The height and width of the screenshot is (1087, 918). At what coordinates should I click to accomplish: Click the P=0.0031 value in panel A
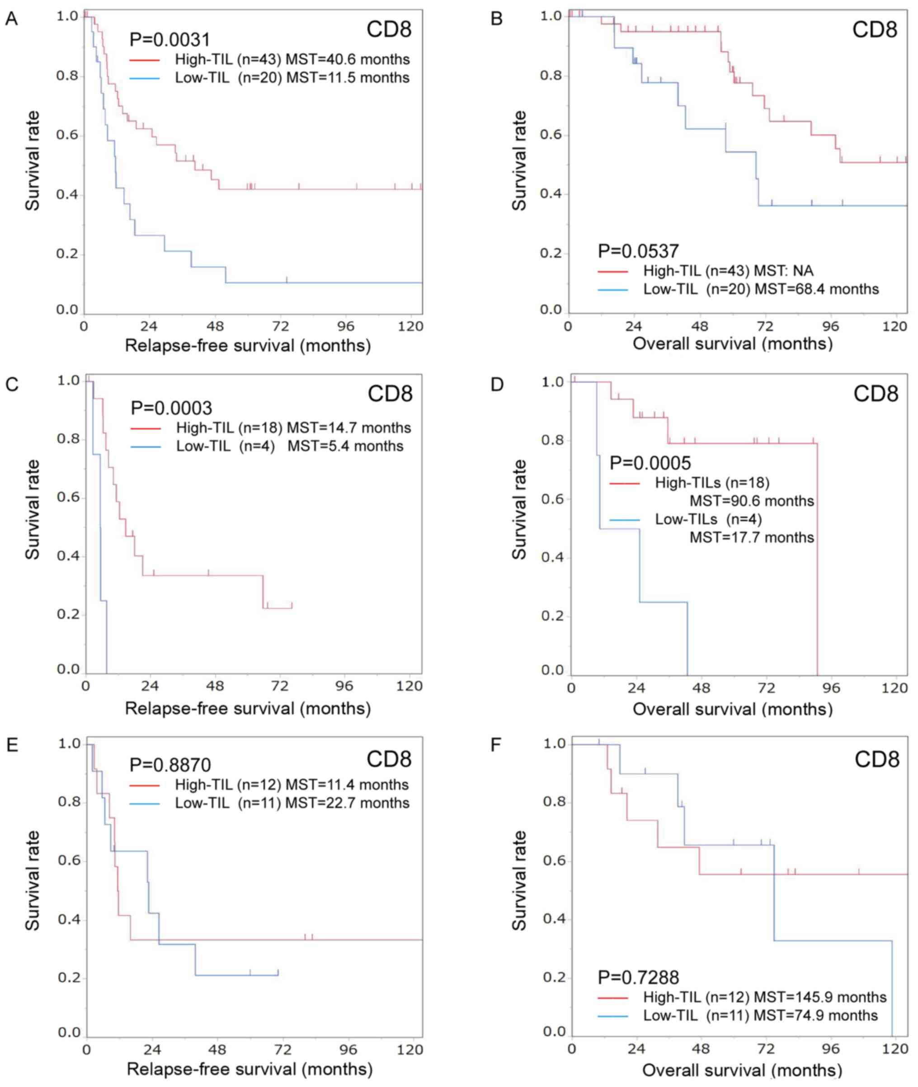tap(169, 39)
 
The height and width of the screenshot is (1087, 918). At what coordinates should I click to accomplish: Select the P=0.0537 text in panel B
tap(638, 251)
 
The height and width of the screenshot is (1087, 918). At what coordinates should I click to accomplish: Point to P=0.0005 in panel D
tap(650, 462)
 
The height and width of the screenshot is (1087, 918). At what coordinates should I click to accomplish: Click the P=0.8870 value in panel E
tap(170, 765)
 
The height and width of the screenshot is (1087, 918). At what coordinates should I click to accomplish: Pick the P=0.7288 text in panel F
tap(638, 978)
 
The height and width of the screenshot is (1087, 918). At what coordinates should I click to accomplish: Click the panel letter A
tap(11, 20)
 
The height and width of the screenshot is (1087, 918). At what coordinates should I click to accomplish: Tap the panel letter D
tap(497, 385)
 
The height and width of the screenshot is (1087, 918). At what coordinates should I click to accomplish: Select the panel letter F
tap(496, 745)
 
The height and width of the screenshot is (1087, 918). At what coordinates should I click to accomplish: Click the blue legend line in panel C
tap(146, 447)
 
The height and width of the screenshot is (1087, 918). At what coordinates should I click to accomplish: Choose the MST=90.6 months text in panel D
tap(752, 501)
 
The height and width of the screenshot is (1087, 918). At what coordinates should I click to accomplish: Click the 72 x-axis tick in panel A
tap(281, 326)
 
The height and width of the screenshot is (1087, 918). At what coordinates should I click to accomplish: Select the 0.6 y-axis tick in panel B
tap(551, 135)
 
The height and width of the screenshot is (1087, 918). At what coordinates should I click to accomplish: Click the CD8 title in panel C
tap(390, 394)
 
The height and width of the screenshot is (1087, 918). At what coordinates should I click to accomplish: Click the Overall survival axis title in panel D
tap(733, 709)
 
